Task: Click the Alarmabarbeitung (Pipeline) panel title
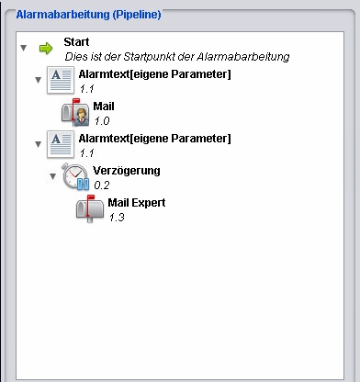coord(88,15)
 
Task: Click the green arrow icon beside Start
coord(46,49)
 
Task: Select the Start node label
coord(76,42)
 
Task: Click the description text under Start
coord(177,57)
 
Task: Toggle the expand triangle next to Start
coord(24,48)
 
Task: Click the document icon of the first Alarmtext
coord(61,80)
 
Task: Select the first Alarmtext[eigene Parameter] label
coord(154,74)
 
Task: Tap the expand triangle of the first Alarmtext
coord(39,80)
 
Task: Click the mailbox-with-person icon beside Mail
coord(75,112)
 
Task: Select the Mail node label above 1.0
coord(104,107)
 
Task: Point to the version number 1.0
coord(102,121)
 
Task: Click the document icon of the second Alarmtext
coord(61,144)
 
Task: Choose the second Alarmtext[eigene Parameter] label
coord(154,139)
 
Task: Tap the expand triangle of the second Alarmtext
coord(39,144)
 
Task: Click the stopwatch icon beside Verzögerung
coord(75,176)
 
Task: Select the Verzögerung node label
coord(127,171)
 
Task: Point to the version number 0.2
coord(102,185)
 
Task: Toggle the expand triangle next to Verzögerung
coord(53,176)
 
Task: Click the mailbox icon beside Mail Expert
coord(90,209)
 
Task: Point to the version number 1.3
coord(117,218)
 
